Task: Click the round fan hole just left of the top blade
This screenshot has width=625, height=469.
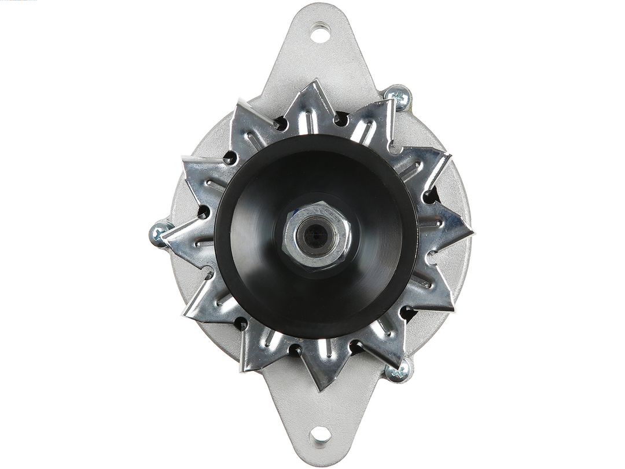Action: pyautogui.click(x=281, y=123)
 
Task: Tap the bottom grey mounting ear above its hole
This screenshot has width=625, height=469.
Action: pyautogui.click(x=319, y=405)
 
